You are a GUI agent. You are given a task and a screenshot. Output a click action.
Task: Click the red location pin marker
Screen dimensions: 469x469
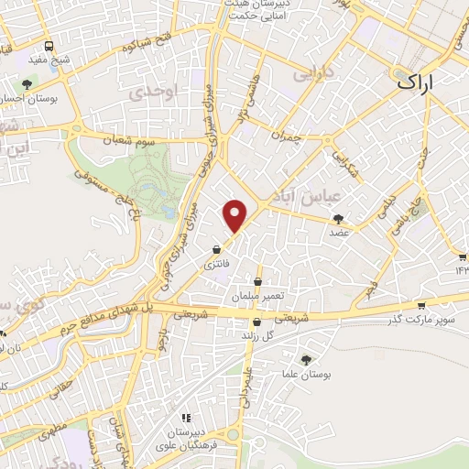(x=236, y=215)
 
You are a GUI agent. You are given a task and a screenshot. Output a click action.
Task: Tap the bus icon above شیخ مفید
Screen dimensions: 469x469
(x=49, y=46)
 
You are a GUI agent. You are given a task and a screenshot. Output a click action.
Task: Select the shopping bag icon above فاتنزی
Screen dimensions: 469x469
(x=216, y=249)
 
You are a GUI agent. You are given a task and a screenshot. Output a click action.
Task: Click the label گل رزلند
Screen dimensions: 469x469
(x=257, y=338)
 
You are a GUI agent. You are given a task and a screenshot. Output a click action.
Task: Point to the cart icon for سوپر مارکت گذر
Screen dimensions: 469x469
(x=420, y=306)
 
